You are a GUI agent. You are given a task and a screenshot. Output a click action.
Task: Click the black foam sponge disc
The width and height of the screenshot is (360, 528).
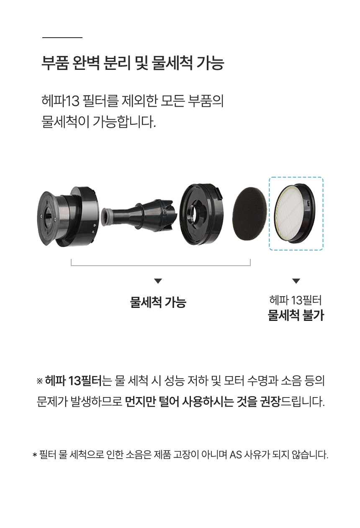pyautogui.click(x=249, y=214)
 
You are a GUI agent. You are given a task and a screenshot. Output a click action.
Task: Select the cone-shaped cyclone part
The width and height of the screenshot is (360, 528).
pyautogui.click(x=139, y=215)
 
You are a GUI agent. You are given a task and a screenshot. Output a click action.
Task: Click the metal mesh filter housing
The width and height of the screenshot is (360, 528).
pyautogui.click(x=68, y=216)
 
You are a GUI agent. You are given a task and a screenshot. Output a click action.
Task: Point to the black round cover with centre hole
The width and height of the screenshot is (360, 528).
pyautogui.click(x=202, y=214)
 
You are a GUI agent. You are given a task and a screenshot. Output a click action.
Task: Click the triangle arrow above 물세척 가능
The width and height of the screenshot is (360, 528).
pyautogui.click(x=158, y=281)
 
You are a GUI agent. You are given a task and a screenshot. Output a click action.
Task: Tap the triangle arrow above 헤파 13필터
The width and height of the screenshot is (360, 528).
pyautogui.click(x=296, y=281)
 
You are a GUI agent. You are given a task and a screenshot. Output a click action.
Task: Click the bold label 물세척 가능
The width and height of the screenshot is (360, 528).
pyautogui.click(x=158, y=302)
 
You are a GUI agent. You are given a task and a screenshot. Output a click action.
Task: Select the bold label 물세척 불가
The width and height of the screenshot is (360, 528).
pyautogui.click(x=296, y=315)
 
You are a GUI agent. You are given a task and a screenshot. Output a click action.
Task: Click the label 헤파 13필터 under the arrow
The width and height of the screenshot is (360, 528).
pyautogui.click(x=296, y=300)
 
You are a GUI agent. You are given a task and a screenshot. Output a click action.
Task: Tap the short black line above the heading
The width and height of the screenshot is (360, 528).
pyautogui.click(x=62, y=37)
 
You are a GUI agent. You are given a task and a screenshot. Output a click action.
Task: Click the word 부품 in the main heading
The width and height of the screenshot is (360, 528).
pyautogui.click(x=55, y=63)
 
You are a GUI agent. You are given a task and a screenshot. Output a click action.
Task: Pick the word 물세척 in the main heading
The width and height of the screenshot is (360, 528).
pyautogui.click(x=172, y=63)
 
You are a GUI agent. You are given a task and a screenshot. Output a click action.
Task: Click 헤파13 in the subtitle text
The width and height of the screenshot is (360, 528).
pyautogui.click(x=60, y=101)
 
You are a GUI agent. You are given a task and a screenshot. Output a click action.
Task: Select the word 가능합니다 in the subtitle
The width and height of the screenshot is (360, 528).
pyautogui.click(x=124, y=122)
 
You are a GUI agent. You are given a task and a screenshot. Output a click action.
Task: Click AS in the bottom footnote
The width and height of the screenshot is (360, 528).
pyautogui.click(x=236, y=455)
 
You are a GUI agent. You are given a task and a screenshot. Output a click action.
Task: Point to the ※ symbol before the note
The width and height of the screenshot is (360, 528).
pyautogui.click(x=39, y=381)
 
